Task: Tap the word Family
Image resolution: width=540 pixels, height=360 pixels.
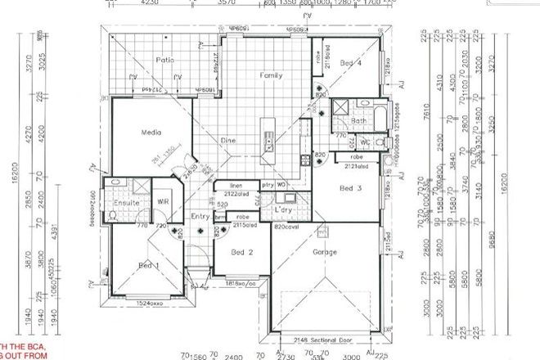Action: [271, 74]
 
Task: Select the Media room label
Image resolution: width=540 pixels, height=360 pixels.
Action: [151, 132]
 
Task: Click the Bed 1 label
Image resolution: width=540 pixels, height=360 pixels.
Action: [147, 266]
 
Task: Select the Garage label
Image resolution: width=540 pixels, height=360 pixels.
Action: [325, 253]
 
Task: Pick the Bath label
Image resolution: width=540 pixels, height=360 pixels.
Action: [359, 120]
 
